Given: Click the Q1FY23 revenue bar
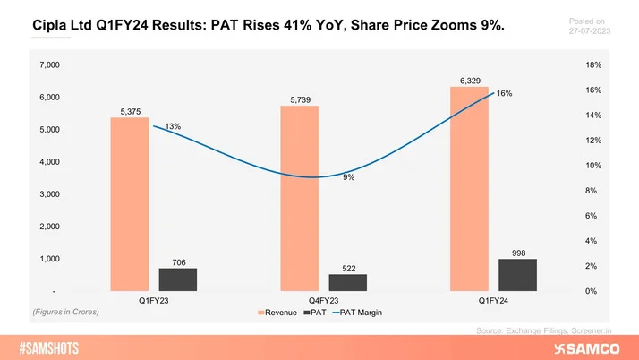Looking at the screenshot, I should click(129, 204).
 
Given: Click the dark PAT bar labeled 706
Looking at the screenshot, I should click(178, 279).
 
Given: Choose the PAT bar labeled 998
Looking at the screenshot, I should click(518, 275).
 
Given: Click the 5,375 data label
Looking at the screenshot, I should click(129, 111).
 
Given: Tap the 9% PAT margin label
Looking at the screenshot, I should click(348, 177).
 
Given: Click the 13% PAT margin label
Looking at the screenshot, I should click(173, 127).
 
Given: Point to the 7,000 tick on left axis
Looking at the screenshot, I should click(47, 65).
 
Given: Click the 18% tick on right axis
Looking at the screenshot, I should click(593, 65).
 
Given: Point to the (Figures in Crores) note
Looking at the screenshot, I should click(64, 312).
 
